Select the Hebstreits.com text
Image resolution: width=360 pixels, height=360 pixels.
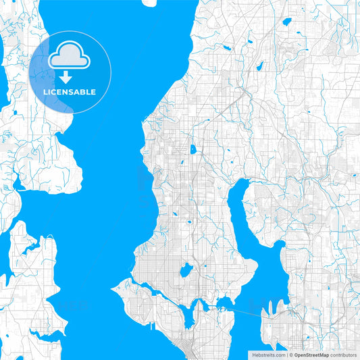pos(267,353)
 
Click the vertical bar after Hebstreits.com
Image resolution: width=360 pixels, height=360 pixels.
pos(286,353)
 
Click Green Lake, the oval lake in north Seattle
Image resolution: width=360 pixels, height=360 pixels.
pos(185,271)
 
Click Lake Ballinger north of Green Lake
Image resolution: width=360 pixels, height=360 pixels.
pos(192,149)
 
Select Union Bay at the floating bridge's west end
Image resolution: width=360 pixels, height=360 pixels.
pos(222,301)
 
